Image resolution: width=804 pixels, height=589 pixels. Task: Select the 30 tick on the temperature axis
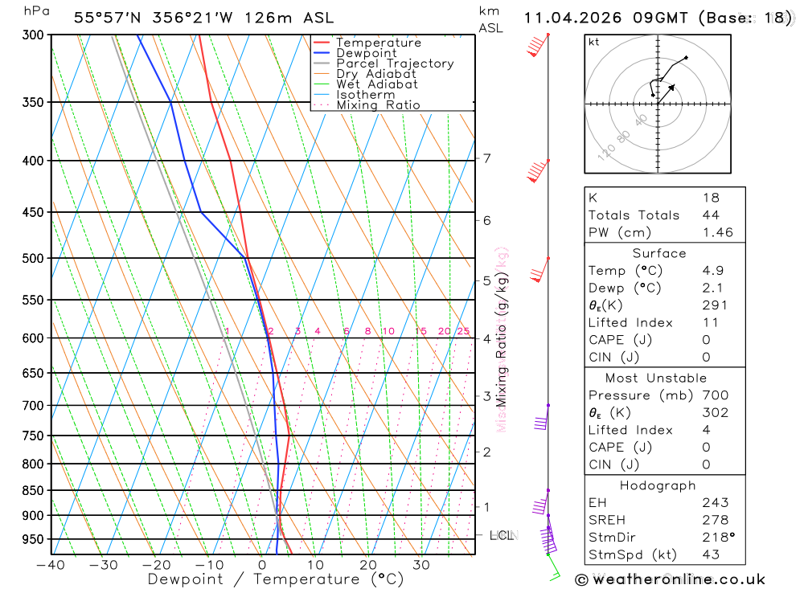point(420,565)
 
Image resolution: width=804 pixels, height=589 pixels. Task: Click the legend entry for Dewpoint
point(366,53)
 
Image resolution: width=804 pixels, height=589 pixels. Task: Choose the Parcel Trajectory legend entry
point(395,63)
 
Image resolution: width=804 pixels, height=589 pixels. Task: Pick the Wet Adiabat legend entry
point(377,84)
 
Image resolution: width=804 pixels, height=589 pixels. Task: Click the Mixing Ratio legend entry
point(378,105)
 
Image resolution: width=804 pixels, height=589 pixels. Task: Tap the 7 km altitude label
point(486,158)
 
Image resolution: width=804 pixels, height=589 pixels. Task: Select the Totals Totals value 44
point(711,215)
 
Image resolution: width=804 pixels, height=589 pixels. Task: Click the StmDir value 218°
point(716,538)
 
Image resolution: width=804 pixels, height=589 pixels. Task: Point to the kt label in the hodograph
point(594,42)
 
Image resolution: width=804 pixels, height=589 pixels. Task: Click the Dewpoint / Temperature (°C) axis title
point(275,579)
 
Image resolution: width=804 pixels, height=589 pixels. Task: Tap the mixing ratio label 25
point(463,331)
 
